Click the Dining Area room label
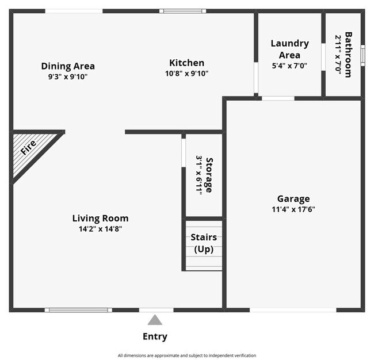point(68,66)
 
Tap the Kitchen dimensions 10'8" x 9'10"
point(186,74)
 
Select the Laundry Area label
point(289,49)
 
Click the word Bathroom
point(348,54)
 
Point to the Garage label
point(293,198)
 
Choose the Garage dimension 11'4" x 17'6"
point(293,209)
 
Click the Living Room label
point(100,218)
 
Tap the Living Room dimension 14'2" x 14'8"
point(100,229)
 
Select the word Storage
point(210,175)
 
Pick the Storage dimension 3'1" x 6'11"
point(200,175)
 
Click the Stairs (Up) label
point(203,243)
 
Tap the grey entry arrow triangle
point(155,320)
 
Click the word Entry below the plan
point(155,337)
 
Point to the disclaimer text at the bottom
point(187,355)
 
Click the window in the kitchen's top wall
point(182,11)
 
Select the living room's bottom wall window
point(78,310)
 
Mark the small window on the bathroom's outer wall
point(362,54)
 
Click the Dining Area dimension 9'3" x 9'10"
point(68,76)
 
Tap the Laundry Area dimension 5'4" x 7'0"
point(289,66)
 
